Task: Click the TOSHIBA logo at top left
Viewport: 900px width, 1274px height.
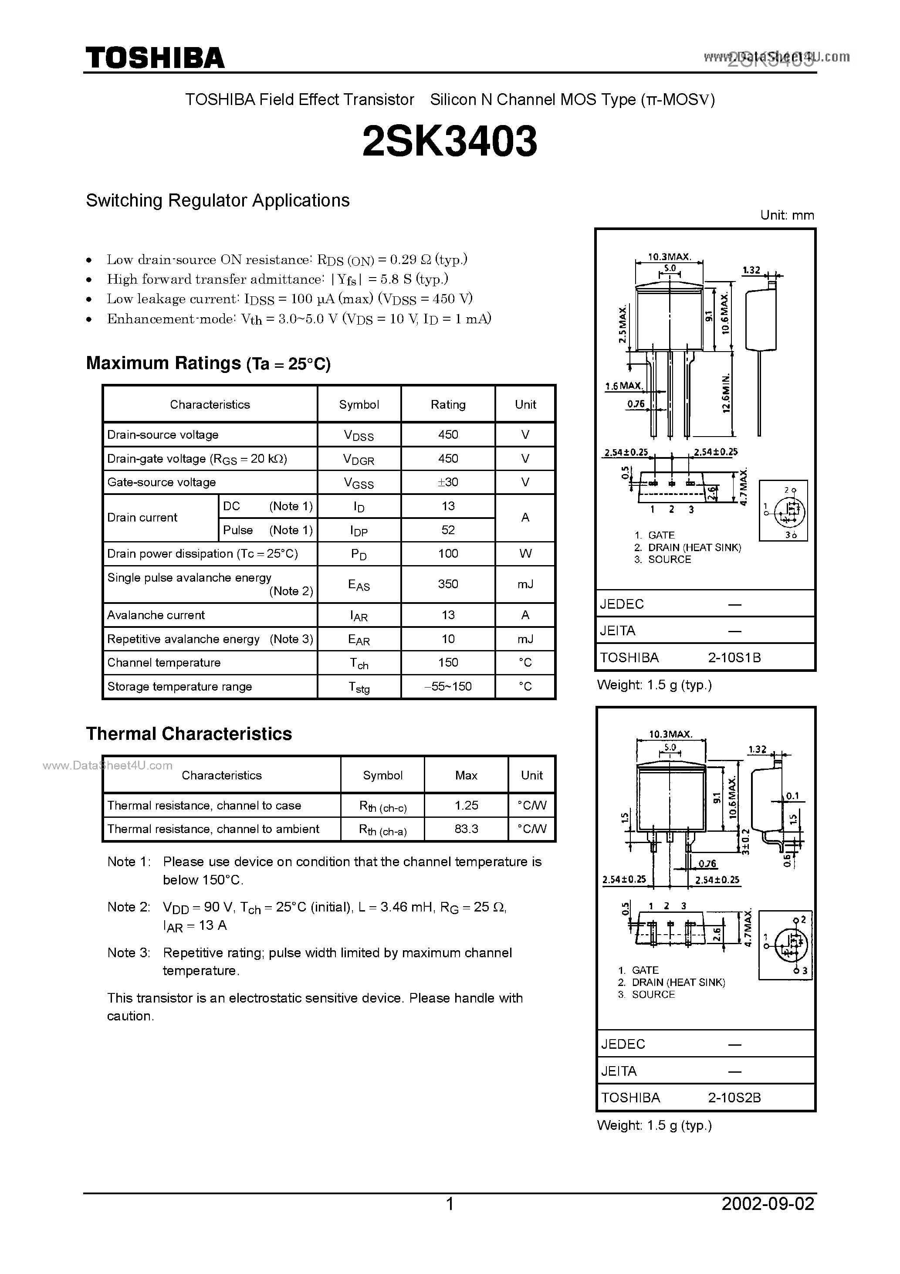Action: coord(155,58)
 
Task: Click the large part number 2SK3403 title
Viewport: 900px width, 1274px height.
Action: coord(450,142)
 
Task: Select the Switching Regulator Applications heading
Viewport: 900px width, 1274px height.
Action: coord(217,200)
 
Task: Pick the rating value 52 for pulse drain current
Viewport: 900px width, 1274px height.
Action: coord(448,530)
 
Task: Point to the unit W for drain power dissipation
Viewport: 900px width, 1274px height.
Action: coord(525,554)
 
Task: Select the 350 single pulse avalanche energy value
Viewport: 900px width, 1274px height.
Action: coord(448,584)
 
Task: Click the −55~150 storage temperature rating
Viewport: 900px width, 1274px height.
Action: coord(448,686)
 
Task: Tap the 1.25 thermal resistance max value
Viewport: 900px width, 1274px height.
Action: coord(466,805)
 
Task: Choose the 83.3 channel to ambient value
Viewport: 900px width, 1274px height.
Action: coord(466,829)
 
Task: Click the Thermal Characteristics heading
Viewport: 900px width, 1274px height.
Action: coord(189,734)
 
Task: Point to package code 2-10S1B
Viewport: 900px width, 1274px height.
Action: coord(734,657)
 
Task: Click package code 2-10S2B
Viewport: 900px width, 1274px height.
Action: coord(734,1098)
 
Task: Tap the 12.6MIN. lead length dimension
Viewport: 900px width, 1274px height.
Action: coord(726,393)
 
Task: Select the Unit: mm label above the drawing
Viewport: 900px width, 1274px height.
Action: coord(787,215)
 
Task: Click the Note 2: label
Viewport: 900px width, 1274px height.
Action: coord(128,907)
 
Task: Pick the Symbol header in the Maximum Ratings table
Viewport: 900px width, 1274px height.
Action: coord(359,404)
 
